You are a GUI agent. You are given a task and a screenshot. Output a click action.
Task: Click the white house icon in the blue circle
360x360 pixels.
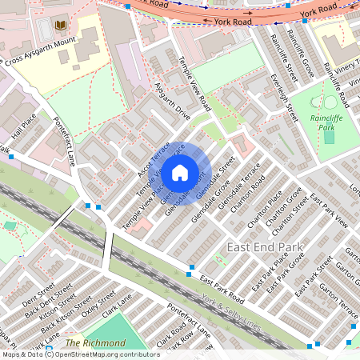[180, 172]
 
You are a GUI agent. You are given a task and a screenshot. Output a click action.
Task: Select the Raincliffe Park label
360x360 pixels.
[325, 121]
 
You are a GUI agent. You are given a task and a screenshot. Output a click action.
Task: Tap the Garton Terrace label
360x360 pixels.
[337, 295]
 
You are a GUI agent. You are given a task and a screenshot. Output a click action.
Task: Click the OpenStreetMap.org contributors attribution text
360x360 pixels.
[107, 354]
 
